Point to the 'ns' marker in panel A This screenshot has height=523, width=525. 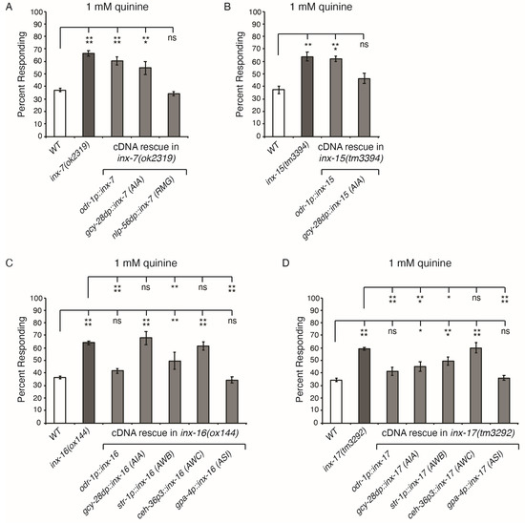click(x=172, y=41)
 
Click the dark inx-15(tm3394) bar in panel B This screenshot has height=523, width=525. click(x=335, y=95)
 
